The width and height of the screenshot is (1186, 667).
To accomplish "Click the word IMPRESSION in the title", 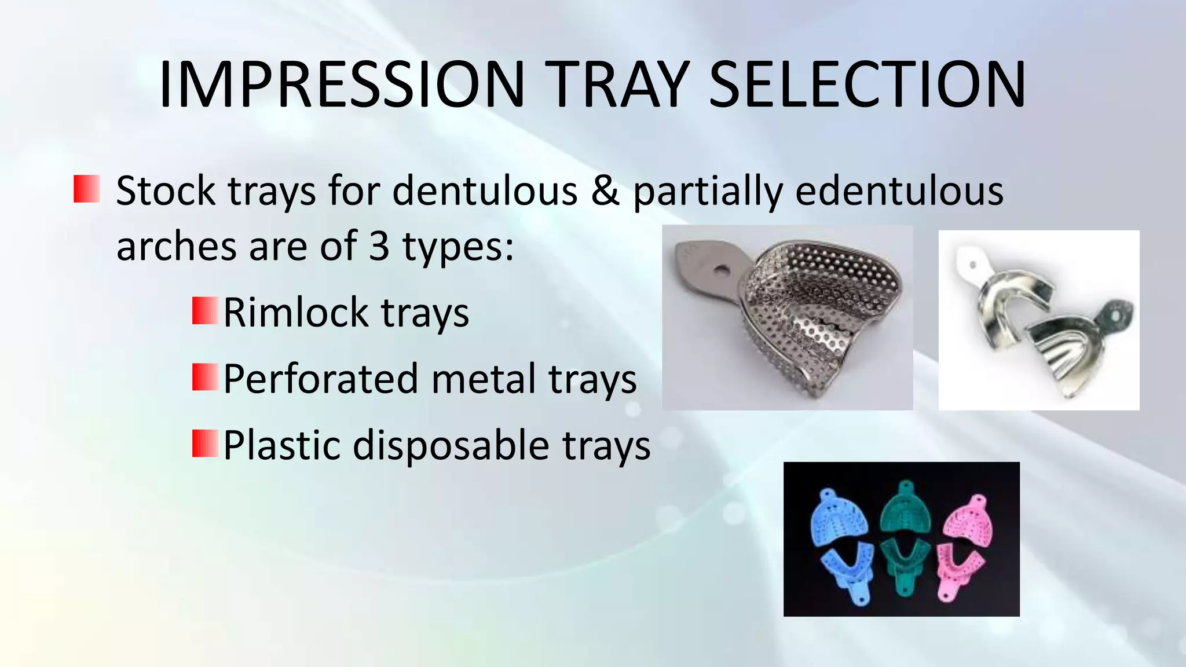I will coord(342,85).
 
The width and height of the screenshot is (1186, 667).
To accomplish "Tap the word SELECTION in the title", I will coord(867,85).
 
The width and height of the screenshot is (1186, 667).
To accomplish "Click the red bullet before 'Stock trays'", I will coord(87,189).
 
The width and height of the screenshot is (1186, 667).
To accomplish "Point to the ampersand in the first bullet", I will coord(605,191).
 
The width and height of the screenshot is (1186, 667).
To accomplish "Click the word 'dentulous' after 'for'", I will coord(485,191).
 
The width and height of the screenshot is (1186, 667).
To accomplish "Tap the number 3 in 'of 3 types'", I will coord(379,245).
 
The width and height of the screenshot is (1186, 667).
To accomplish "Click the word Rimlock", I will coord(295,313).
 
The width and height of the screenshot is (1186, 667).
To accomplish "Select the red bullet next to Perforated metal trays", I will coord(205,378).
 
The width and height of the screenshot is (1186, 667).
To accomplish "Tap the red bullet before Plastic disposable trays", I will coord(205,444).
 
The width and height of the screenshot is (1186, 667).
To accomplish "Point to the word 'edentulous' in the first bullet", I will coord(899,191).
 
